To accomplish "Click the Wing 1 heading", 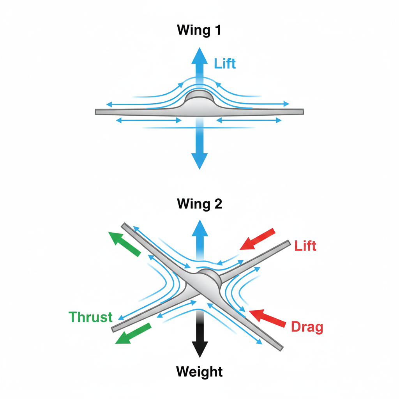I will pos(199,30).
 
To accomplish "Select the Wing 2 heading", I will pos(199,204).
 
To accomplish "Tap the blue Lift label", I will pos(225,64).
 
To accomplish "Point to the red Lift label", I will pos(305,246).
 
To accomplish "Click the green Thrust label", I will pos(90,317).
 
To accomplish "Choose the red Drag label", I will pos(307,327).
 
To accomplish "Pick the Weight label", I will pos(199,371).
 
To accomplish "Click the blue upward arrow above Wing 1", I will pos(199,66).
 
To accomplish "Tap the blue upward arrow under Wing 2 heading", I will pos(199,238).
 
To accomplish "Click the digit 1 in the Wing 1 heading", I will pos(217,30).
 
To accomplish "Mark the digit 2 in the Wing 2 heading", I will pos(218,204).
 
